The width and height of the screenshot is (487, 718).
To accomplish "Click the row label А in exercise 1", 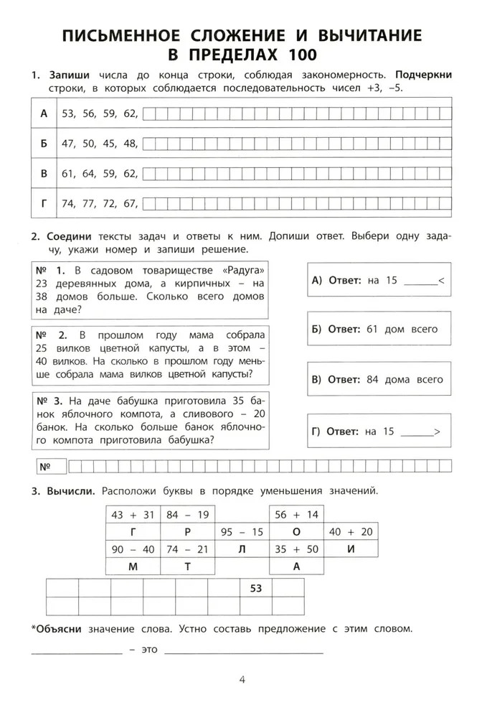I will (43, 113).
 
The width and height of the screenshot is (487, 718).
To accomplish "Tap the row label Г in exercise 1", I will (43, 204).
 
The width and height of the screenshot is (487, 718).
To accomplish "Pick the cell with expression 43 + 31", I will (133, 514).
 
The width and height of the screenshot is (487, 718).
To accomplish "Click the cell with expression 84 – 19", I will (188, 514).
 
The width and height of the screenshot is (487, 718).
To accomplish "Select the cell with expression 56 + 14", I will (296, 514).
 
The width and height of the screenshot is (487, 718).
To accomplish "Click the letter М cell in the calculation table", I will (133, 567).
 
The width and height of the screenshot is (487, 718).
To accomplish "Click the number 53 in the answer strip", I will (255, 588).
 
